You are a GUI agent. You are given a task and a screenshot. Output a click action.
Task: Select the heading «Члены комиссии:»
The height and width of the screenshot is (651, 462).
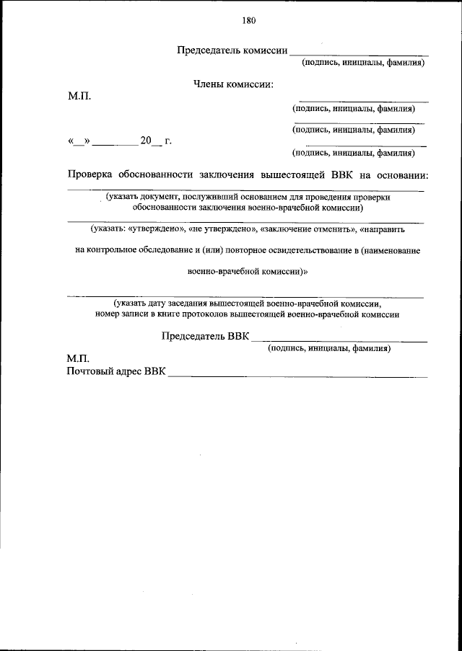point(233,84)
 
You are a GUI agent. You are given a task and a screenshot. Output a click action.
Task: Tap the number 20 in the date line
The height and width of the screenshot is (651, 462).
point(147,141)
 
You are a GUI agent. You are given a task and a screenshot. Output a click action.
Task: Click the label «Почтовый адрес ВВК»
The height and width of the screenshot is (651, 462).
point(115,372)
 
